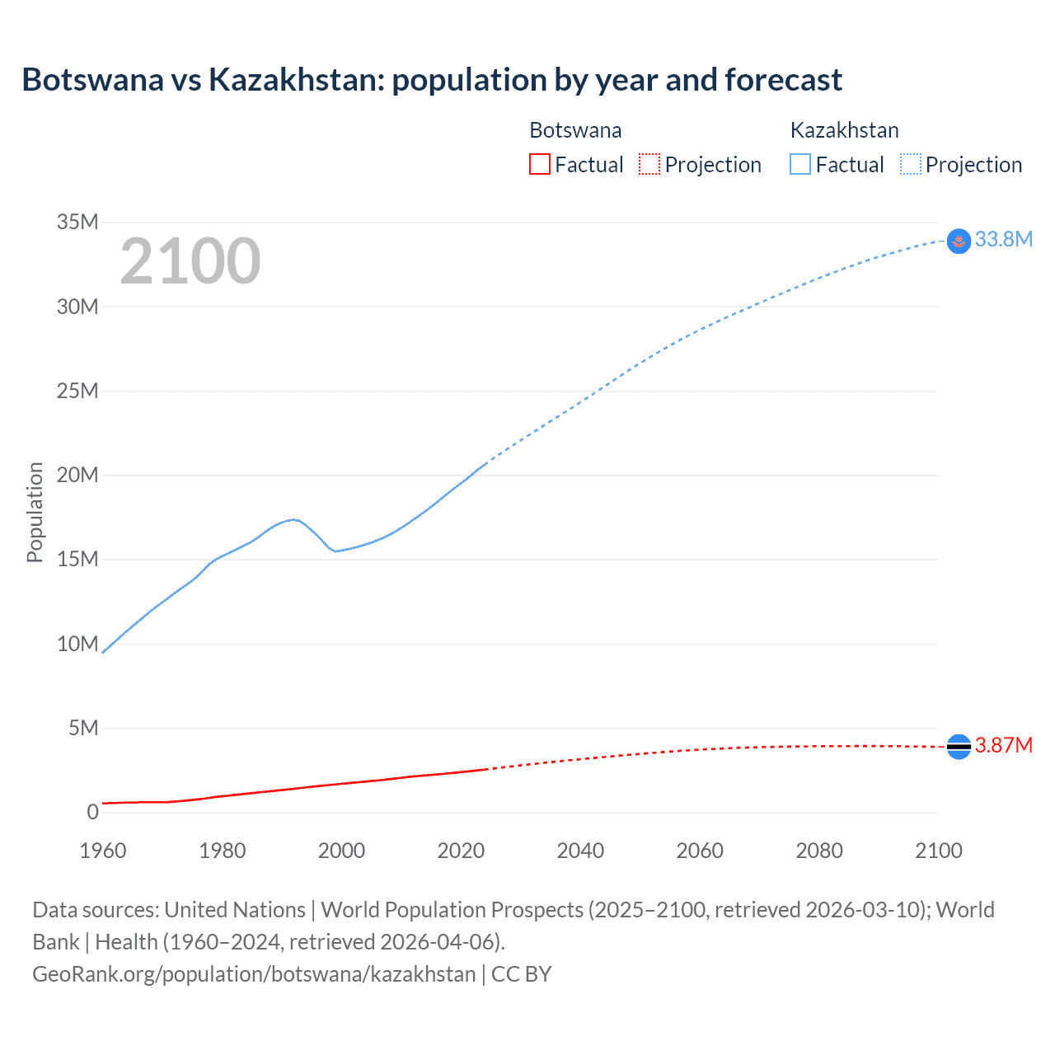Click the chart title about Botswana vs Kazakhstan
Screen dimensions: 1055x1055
click(x=432, y=80)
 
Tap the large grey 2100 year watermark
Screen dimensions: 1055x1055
click(x=190, y=261)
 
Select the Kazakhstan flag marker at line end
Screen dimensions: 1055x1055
click(x=959, y=241)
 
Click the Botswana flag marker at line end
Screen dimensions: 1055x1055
click(x=959, y=746)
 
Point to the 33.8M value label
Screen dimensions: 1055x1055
click(x=1003, y=239)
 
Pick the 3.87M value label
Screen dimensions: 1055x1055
click(x=1003, y=745)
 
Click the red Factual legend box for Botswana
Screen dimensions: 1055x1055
click(x=539, y=165)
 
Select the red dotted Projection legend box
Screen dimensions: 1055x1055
click(x=649, y=165)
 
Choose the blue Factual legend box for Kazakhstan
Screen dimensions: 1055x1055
click(x=800, y=165)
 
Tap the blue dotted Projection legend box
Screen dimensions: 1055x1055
click(x=911, y=165)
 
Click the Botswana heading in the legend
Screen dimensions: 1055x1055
click(x=575, y=130)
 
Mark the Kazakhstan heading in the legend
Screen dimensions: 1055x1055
click(x=844, y=130)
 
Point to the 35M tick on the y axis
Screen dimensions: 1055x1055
click(x=77, y=222)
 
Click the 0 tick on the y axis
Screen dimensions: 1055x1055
click(x=92, y=812)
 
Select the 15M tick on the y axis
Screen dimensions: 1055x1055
click(x=77, y=559)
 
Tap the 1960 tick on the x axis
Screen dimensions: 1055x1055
click(x=103, y=851)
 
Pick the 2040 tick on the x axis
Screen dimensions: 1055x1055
click(x=580, y=851)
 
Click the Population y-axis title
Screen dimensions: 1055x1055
click(x=35, y=512)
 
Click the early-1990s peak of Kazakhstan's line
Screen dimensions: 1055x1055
click(x=293, y=519)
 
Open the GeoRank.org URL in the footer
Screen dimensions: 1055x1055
click(x=254, y=974)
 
